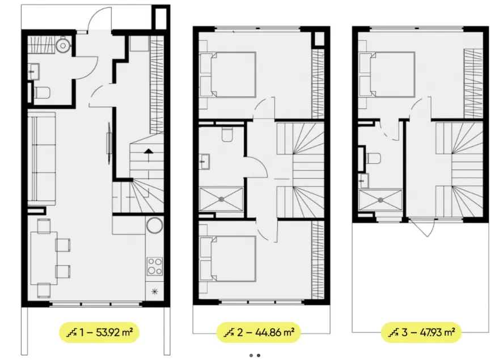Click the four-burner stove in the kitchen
(155, 266)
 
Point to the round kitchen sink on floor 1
(155, 226)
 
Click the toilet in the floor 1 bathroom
(42, 93)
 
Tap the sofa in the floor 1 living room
(41, 158)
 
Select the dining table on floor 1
(44, 258)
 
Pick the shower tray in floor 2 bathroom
(221, 199)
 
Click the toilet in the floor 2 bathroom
(227, 134)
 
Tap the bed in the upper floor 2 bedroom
(227, 75)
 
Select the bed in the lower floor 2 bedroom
(227, 259)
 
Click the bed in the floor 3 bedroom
(387, 75)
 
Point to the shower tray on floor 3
(380, 200)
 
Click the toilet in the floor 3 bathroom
(373, 159)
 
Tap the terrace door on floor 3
(422, 227)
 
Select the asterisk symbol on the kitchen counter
(155, 291)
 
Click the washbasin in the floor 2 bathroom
(205, 162)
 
